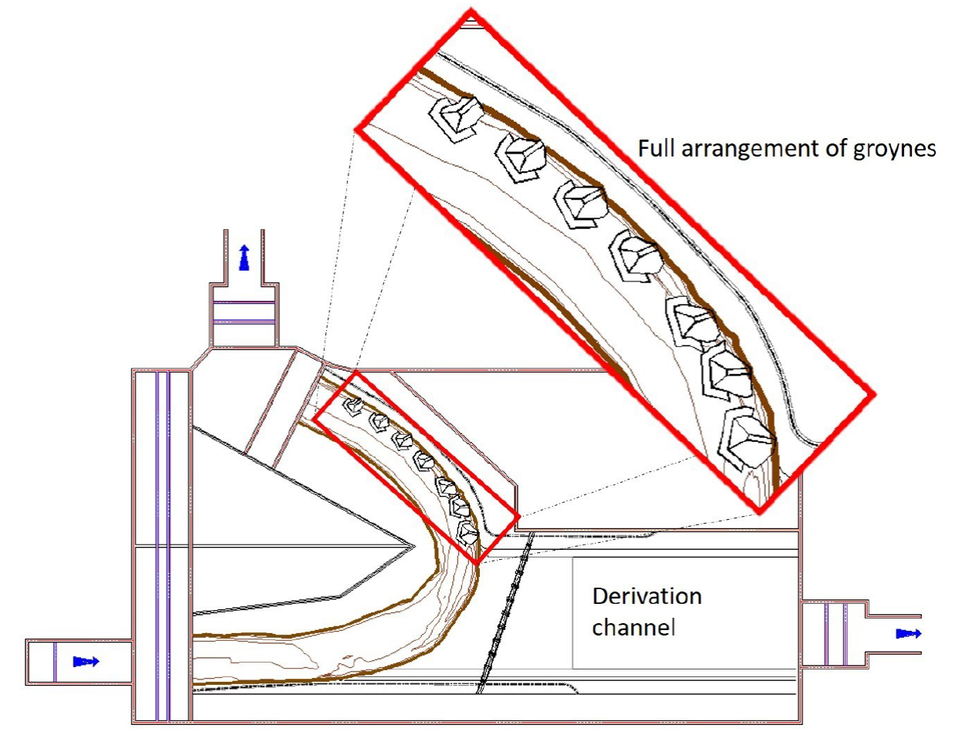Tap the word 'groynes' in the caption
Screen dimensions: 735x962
click(x=893, y=149)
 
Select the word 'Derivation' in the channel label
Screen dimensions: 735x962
click(x=646, y=596)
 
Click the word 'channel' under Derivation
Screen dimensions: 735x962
click(x=633, y=628)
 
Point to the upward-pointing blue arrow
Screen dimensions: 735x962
click(x=245, y=257)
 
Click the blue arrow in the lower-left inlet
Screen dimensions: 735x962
click(x=86, y=661)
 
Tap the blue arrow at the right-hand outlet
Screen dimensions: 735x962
click(x=909, y=633)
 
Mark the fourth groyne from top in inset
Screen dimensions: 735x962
click(x=636, y=255)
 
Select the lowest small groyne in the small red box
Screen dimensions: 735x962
click(x=467, y=532)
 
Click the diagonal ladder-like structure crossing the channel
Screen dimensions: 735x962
click(x=505, y=609)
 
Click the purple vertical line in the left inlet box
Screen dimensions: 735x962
click(x=56, y=662)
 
